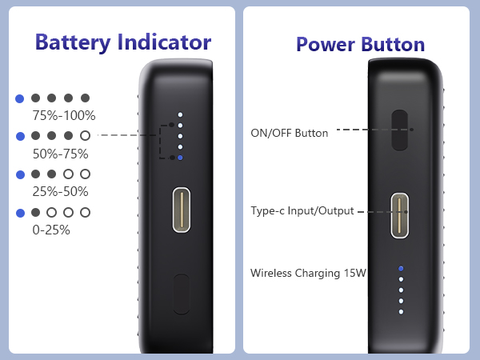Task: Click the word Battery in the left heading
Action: [74, 42]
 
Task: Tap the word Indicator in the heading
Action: [164, 42]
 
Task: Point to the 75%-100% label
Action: [63, 115]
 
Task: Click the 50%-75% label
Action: [60, 154]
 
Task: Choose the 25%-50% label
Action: [60, 191]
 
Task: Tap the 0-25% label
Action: [51, 230]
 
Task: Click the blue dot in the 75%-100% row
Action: [20, 98]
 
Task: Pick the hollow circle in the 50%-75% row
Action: [86, 136]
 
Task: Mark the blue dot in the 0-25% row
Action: [20, 213]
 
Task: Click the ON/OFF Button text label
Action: [290, 133]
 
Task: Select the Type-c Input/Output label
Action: [302, 210]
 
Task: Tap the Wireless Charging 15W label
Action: [308, 273]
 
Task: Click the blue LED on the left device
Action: [180, 158]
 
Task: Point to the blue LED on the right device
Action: [401, 268]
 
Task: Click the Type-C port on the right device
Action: [401, 215]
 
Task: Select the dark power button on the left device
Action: [182, 294]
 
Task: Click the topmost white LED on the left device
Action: [180, 114]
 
